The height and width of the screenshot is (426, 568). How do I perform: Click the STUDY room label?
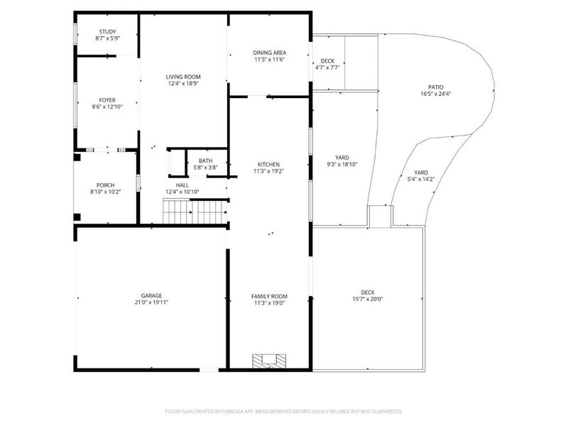[107, 32]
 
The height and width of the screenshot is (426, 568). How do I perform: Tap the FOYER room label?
[107, 100]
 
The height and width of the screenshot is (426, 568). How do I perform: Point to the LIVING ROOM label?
[183, 77]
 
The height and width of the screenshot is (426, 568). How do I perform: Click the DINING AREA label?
[269, 53]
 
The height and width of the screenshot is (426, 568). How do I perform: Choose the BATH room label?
[205, 160]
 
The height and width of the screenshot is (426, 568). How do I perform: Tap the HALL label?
[182, 185]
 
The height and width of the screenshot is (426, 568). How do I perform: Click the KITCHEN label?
[268, 164]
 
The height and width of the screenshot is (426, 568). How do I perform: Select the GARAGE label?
[151, 295]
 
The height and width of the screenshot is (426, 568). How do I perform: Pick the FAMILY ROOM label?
[269, 295]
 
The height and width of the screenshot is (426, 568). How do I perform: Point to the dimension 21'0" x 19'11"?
[151, 302]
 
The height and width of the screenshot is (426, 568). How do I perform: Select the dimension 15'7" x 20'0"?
[367, 299]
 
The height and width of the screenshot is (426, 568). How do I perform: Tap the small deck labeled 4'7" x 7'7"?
[327, 65]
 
